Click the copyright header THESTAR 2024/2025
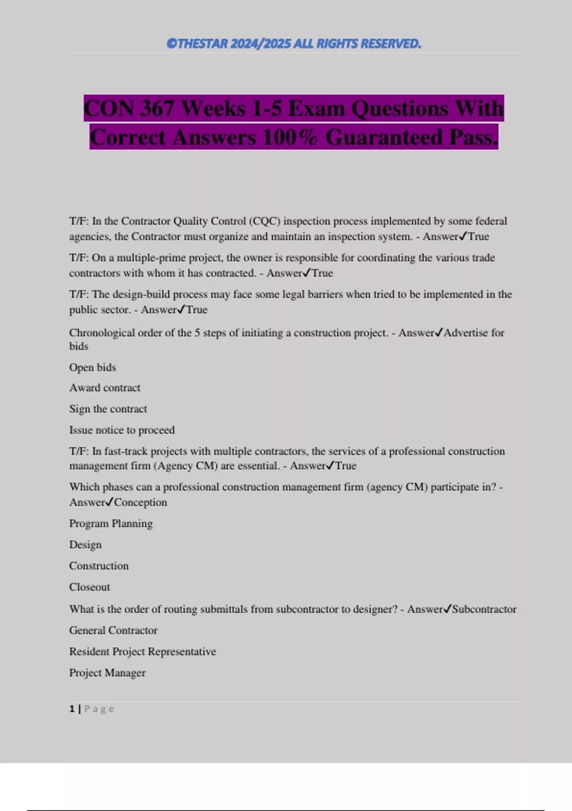coord(294,44)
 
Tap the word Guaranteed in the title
coord(384,137)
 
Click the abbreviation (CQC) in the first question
coord(265,221)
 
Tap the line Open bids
coord(92,367)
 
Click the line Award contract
coord(104,388)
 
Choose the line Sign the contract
coord(108,409)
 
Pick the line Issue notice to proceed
coord(122,430)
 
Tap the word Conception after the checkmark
coord(141,502)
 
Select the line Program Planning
coord(111,523)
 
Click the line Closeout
coord(90,587)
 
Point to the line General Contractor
coord(113,630)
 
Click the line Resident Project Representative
coord(142,652)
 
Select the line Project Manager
coord(107,673)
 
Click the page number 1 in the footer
coord(72,709)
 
